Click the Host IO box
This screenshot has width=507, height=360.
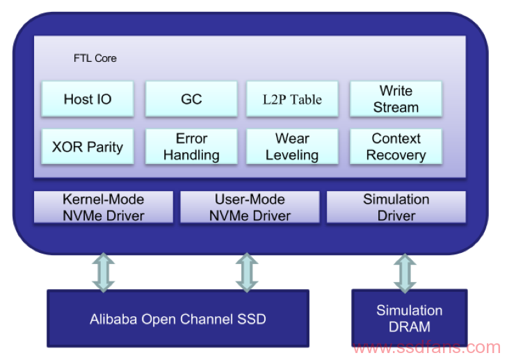(88, 99)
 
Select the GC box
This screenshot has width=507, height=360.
(191, 99)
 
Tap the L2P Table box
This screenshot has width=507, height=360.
(292, 99)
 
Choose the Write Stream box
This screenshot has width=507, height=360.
(396, 99)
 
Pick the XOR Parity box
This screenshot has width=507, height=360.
(88, 147)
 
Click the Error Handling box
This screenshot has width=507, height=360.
(191, 147)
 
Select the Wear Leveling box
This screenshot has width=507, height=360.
(292, 147)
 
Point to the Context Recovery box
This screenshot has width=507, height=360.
(396, 147)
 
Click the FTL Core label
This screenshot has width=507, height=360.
(95, 58)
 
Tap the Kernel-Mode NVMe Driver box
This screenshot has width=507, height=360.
(104, 207)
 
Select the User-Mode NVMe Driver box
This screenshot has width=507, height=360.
(250, 207)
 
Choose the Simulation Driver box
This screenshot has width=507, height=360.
(396, 207)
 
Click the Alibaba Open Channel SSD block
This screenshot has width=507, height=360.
(178, 318)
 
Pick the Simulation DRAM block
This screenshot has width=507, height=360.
(410, 318)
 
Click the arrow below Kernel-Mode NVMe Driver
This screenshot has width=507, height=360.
(104, 272)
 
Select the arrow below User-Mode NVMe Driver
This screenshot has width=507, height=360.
(247, 272)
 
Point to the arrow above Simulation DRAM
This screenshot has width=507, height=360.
(405, 273)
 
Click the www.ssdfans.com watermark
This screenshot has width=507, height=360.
(426, 347)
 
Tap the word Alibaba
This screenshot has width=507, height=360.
(113, 319)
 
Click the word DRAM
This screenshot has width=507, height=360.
(410, 327)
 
